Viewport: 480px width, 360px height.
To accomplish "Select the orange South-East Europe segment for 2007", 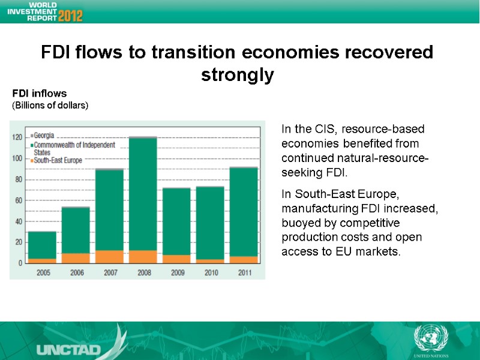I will [109, 257].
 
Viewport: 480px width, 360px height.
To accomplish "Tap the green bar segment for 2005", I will [42, 245].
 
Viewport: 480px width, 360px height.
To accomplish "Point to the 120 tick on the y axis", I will [17, 137].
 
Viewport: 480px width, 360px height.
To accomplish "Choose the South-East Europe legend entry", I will [58, 160].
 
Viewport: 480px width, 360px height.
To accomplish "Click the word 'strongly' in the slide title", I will [237, 76].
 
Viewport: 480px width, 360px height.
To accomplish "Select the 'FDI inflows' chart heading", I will [40, 94].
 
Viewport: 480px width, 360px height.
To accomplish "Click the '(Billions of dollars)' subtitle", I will [50, 106].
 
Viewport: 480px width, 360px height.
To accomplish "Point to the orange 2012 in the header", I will [70, 14].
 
